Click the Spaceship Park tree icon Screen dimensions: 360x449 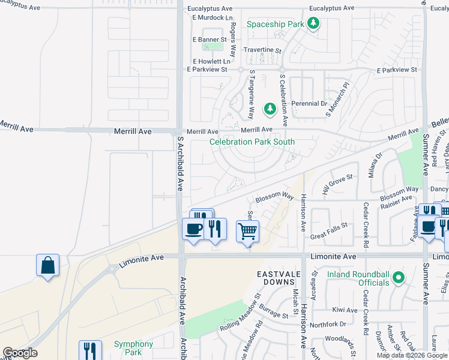[313, 24]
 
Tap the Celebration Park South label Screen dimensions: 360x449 [252, 142]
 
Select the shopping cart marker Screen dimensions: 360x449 [247, 230]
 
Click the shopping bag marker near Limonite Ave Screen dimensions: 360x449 [48, 265]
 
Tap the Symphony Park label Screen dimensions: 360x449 [133, 348]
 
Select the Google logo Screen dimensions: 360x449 [20, 353]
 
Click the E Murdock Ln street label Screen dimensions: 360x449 [212, 17]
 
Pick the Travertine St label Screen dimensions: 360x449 [262, 50]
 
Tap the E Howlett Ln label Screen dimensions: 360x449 [211, 61]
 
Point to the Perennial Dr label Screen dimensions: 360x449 [309, 103]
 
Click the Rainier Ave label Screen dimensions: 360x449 [395, 198]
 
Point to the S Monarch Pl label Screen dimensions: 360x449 [337, 100]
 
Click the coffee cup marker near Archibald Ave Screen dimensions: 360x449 [193, 229]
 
